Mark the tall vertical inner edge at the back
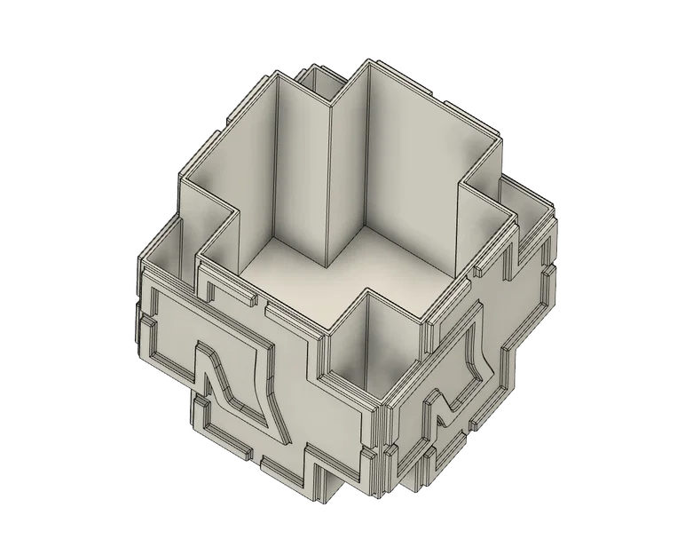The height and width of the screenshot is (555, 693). pyautogui.click(x=330, y=178)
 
